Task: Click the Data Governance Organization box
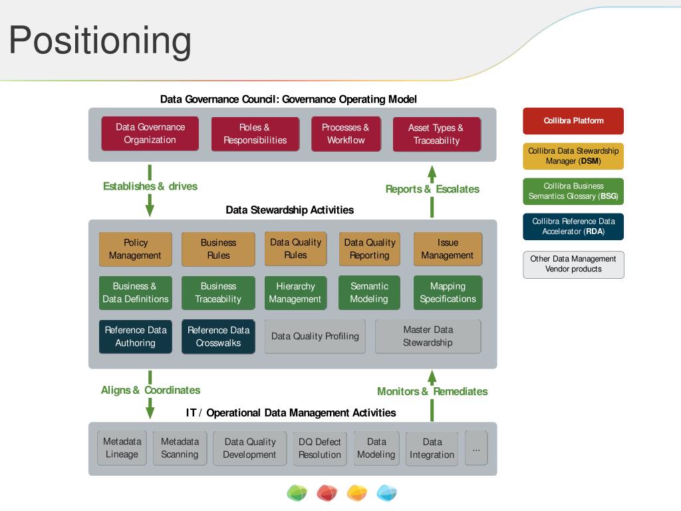pos(150,134)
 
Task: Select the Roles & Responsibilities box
pos(255,134)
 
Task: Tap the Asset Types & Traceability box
pos(436,134)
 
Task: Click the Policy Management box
pos(135,249)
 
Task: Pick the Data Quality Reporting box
pos(369,249)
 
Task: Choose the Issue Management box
pos(448,249)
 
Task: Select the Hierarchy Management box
pos(295,293)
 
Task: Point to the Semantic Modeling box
pos(369,293)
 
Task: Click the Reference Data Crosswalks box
pos(218,337)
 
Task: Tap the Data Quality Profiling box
pos(315,337)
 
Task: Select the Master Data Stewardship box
pos(428,337)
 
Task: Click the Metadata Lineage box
pos(122,448)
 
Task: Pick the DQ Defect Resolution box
pos(319,448)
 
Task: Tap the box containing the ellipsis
pos(476,448)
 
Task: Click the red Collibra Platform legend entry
pos(573,121)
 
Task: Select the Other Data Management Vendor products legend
pos(573,264)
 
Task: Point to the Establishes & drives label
pos(150,186)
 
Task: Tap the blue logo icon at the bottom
pos(386,493)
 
